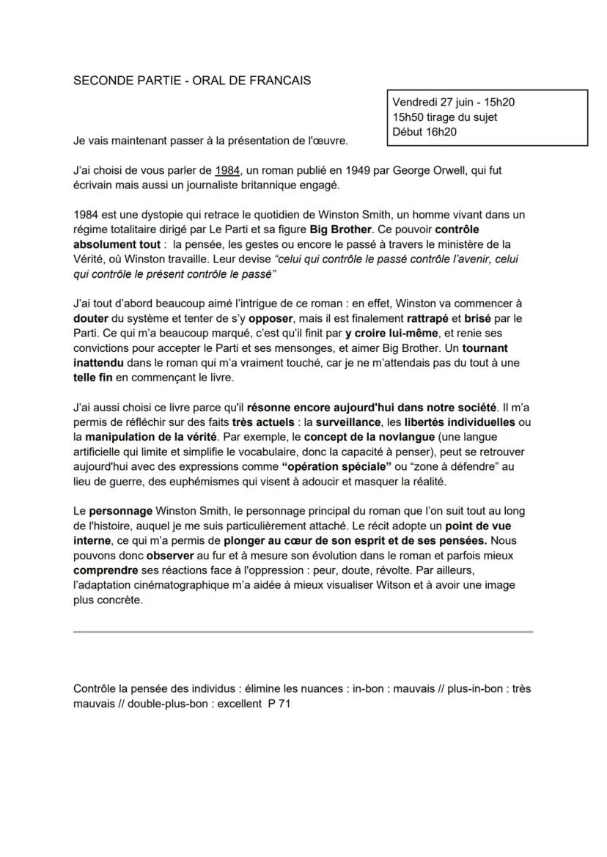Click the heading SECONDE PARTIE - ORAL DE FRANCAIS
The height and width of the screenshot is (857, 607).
pos(192,81)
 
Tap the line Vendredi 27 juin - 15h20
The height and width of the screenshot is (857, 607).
pos(458,103)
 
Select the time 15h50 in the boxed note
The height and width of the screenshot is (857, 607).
pos(408,117)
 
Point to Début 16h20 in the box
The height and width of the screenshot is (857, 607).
pos(424,131)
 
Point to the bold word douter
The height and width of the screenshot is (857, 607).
pos(91,319)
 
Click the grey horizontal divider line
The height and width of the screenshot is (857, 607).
pos(303,631)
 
